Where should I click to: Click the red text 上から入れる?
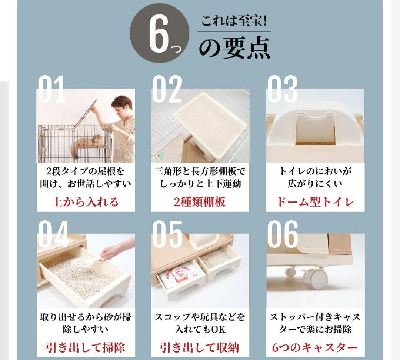point(85,202)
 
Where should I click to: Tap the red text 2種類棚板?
point(200,202)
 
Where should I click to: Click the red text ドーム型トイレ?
point(315,202)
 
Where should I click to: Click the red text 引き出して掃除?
point(85,348)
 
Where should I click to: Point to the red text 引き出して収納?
point(200,348)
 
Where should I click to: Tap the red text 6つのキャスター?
point(315,348)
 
